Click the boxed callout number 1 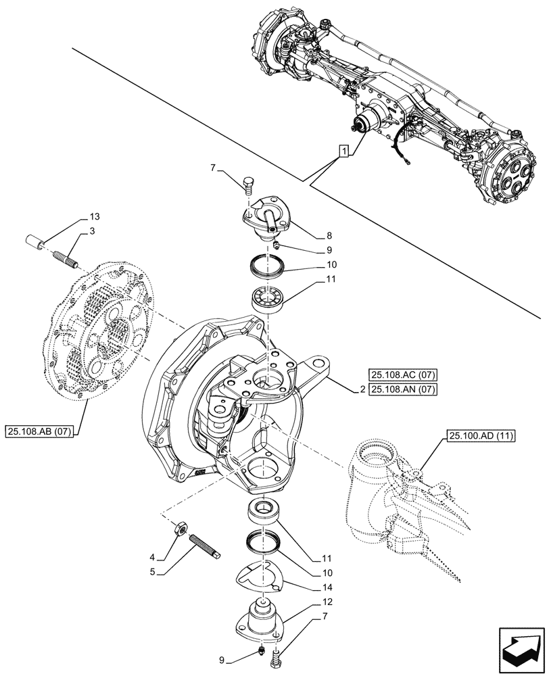344,151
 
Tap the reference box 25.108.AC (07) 403,374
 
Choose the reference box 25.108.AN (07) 403,389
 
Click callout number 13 93,217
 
